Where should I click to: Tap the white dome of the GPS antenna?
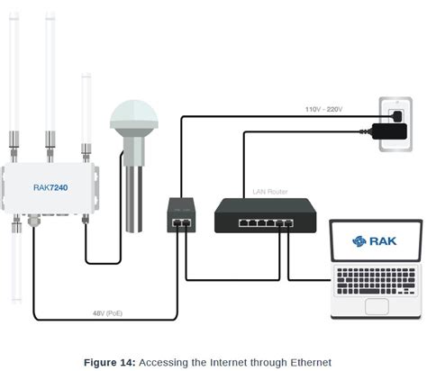pos(133,115)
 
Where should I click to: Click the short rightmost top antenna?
pos(86,108)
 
